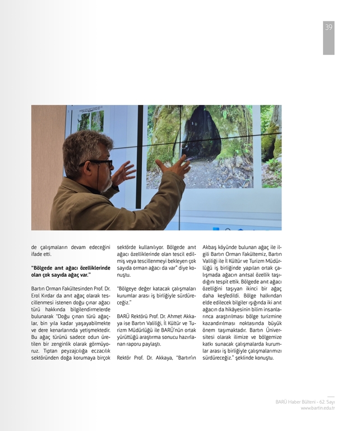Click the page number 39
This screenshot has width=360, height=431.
(329, 27)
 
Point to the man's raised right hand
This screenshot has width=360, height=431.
(174, 167)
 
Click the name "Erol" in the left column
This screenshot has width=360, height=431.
(38, 296)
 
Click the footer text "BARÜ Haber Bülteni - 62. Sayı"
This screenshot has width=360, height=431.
(304, 402)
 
